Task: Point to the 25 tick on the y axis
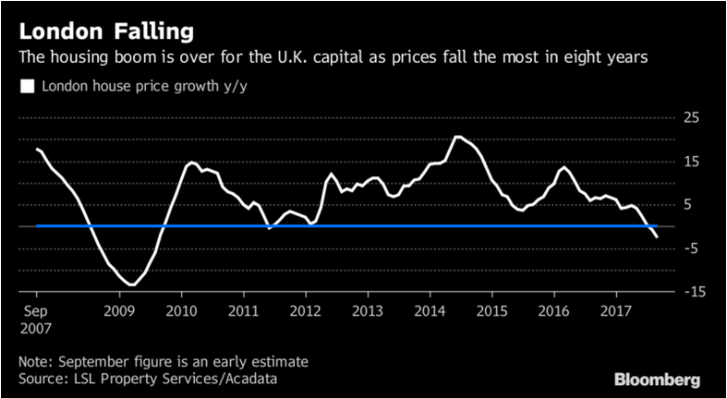pyautogui.click(x=692, y=117)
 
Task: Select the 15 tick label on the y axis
pyautogui.click(x=692, y=161)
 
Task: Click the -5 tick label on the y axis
pyautogui.click(x=692, y=247)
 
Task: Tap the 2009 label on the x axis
pyautogui.click(x=119, y=311)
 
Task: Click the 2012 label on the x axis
pyautogui.click(x=306, y=311)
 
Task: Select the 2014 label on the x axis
pyautogui.click(x=430, y=311)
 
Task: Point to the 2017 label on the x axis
pyautogui.click(x=616, y=311)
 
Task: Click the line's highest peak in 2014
pyautogui.click(x=457, y=136)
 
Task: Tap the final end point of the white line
pyautogui.click(x=656, y=237)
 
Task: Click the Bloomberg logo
pyautogui.click(x=656, y=378)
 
